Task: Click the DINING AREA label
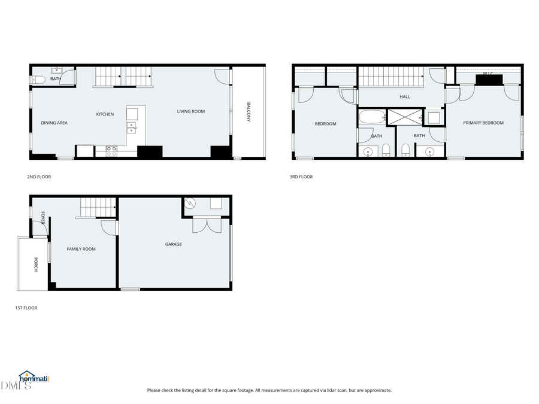pos(54,123)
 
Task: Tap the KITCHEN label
pos(105,114)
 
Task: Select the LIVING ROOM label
pos(191,111)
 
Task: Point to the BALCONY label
pos(249,113)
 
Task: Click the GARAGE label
pos(174,244)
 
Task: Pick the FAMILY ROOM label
pos(81,249)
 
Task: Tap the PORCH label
pos(35,265)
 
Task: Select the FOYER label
pos(43,218)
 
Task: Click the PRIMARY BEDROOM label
pos(483,123)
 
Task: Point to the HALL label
pos(405,96)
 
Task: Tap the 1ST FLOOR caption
pos(26,308)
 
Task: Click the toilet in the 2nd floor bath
pos(38,80)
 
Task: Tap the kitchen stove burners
pos(111,151)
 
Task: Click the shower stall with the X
pos(405,117)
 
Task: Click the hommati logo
pos(34,377)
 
